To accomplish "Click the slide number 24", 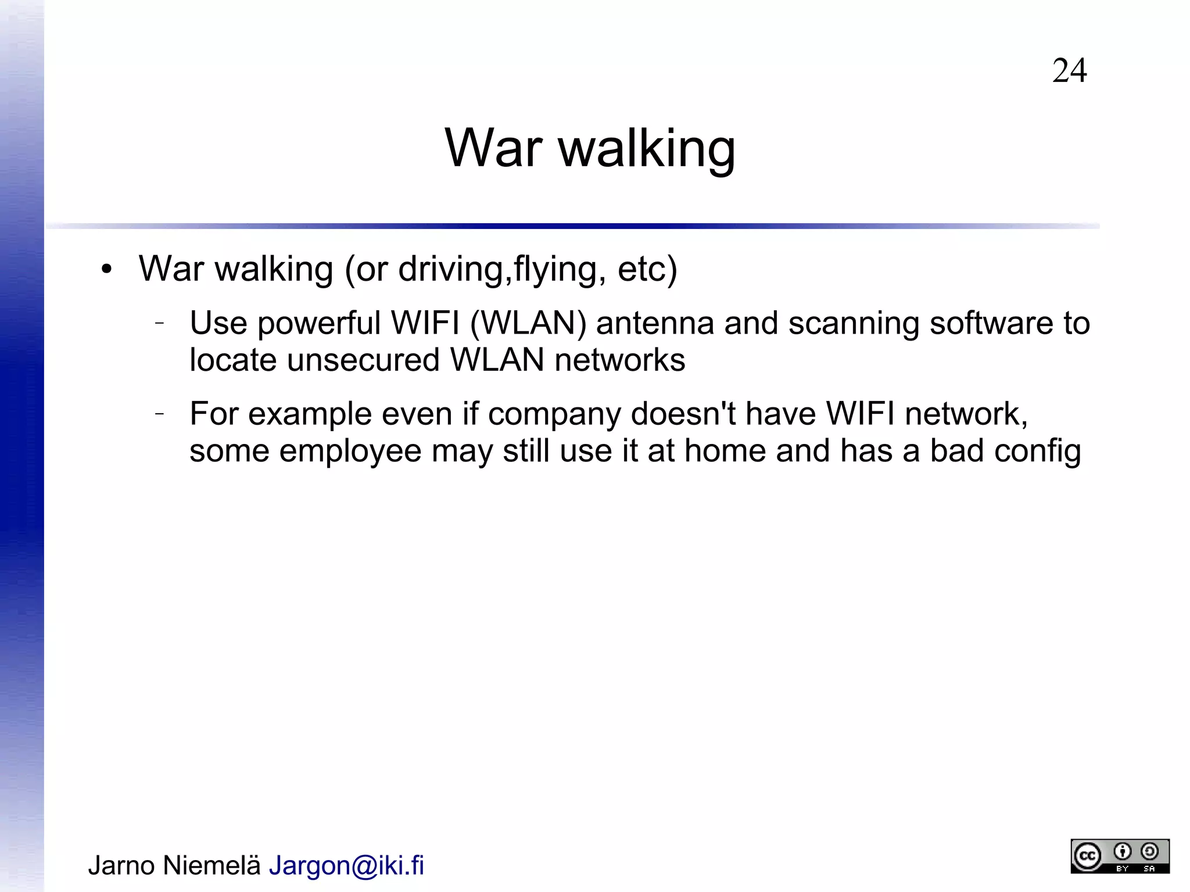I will (1069, 71).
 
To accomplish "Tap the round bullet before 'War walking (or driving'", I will (106, 270).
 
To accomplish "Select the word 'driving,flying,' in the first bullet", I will (502, 270).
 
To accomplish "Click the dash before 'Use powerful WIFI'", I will (160, 323).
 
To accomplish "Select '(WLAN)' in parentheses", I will (528, 323).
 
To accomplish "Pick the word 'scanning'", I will (854, 323).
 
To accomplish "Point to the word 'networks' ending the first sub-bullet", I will (619, 360).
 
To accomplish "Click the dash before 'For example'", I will (160, 414).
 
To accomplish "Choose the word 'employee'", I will (350, 452).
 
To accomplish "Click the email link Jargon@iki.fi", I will (346, 865).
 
